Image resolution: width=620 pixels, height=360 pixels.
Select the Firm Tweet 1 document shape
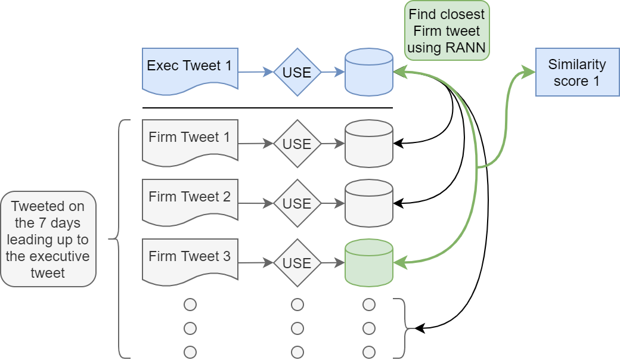pyautogui.click(x=190, y=141)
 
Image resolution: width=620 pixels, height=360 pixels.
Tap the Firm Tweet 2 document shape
pyautogui.click(x=190, y=200)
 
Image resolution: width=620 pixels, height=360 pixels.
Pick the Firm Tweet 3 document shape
pyautogui.click(x=190, y=260)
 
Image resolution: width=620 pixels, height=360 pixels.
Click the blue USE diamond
pyautogui.click(x=297, y=72)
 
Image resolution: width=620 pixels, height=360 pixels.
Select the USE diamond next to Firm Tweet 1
pyautogui.click(x=297, y=144)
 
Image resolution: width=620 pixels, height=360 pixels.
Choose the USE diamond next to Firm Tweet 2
pyautogui.click(x=297, y=203)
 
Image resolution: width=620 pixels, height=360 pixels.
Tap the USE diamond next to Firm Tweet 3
pyautogui.click(x=297, y=263)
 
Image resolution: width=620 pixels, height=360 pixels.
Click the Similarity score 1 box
pyautogui.click(x=576, y=72)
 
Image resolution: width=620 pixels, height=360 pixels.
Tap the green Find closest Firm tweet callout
pyautogui.click(x=447, y=30)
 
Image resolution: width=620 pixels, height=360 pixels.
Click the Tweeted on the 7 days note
pyautogui.click(x=48, y=239)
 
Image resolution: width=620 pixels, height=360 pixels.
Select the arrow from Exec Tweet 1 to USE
pyautogui.click(x=255, y=72)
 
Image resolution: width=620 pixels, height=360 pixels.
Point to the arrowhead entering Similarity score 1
pyautogui.click(x=530, y=73)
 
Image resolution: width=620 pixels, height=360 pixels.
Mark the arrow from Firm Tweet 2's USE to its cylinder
pyautogui.click(x=333, y=203)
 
